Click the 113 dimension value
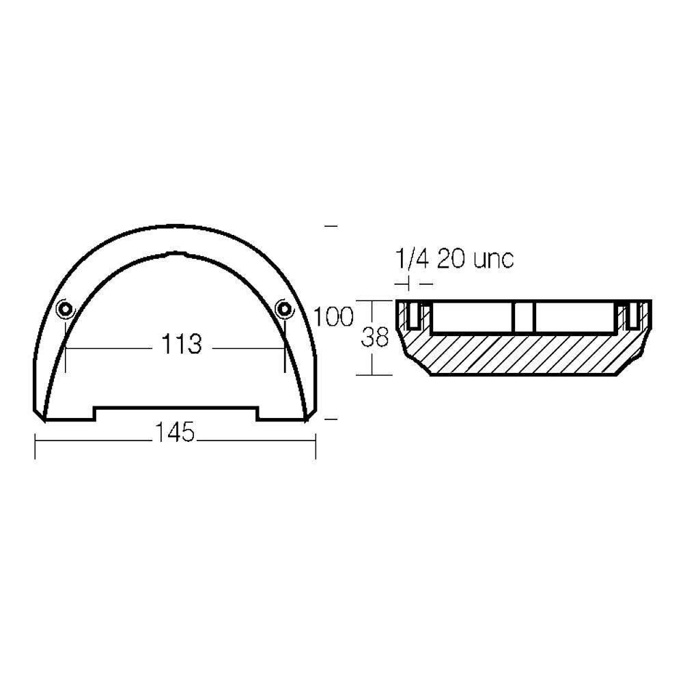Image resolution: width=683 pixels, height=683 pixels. (182, 346)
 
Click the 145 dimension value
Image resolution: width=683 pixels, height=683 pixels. (174, 432)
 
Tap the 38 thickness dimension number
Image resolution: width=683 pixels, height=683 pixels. (374, 337)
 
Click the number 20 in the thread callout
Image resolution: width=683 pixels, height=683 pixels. (451, 260)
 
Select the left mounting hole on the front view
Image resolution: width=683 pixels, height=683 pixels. (65, 310)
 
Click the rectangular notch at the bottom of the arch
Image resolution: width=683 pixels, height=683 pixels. (176, 413)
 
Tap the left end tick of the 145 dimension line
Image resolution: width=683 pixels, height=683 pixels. (36, 445)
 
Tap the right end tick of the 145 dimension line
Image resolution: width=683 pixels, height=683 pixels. (315, 445)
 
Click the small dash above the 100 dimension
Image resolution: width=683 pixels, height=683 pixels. (332, 225)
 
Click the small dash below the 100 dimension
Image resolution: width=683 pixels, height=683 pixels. (332, 419)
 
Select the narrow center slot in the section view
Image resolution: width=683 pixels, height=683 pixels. (522, 317)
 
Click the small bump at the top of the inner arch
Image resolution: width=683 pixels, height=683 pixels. (169, 255)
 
